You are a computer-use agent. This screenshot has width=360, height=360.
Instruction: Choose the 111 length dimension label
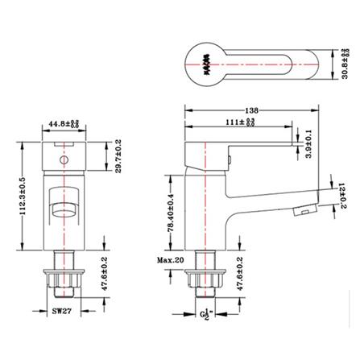238,122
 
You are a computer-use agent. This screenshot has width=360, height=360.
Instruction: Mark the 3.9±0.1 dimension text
311,142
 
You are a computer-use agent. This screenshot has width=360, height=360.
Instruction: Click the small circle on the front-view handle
62,160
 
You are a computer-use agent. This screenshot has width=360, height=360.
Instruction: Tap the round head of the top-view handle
208,63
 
